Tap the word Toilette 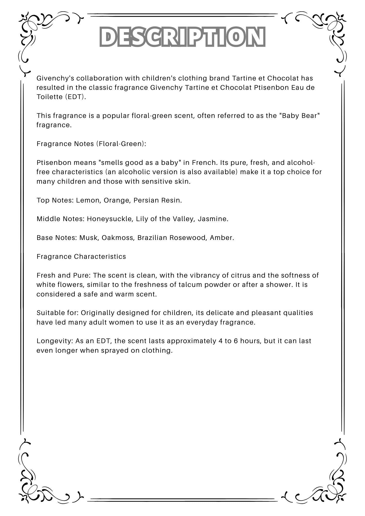49,97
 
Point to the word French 203,163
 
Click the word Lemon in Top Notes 88,200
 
